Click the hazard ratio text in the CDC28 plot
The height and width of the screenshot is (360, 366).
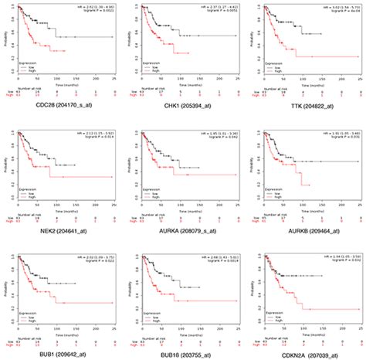[96, 5]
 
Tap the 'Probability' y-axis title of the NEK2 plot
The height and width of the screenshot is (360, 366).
[5, 162]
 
